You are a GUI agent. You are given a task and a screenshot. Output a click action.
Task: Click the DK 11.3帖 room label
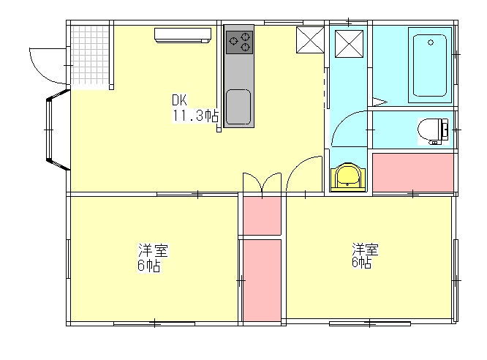(195, 108)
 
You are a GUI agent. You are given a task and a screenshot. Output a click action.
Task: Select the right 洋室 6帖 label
(365, 255)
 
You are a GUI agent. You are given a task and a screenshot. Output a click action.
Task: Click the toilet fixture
(433, 131)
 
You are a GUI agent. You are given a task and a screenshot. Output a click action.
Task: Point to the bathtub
(430, 65)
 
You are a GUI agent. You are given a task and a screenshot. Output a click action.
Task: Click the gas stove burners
(239, 42)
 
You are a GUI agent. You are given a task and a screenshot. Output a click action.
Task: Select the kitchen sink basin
(238, 107)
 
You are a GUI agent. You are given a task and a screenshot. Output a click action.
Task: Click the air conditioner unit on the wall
(183, 35)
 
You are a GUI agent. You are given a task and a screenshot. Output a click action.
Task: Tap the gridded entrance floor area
(90, 55)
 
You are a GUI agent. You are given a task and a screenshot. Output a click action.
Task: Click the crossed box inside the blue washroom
(349, 44)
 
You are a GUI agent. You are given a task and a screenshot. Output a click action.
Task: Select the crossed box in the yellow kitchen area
(310, 40)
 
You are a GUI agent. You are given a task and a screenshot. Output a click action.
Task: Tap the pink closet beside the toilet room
(412, 173)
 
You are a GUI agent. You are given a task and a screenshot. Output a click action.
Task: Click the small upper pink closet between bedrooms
(262, 216)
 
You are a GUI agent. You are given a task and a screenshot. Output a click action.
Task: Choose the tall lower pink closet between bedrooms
(262, 280)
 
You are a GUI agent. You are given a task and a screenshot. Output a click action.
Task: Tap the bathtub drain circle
(431, 42)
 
